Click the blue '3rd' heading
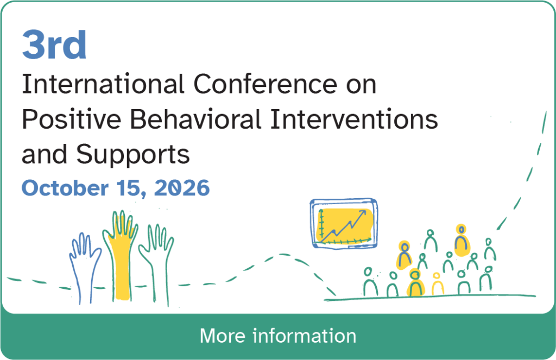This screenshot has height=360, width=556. tap(54, 45)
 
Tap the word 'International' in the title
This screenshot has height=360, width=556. tap(103, 84)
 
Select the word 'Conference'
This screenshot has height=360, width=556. tap(266, 84)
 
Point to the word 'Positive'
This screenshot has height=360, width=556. tap(72, 119)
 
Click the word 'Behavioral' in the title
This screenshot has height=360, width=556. tap(195, 119)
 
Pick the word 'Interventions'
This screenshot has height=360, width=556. tap(354, 119)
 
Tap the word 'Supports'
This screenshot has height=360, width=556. tap(134, 155)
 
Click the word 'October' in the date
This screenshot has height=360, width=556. tap(65, 188)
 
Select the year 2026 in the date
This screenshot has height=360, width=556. tap(182, 188)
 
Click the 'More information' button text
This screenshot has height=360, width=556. tap(278, 336)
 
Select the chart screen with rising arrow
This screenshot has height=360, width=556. tap(344, 224)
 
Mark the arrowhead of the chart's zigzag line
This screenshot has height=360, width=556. tap(363, 212)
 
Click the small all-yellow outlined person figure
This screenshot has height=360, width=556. tap(437, 284)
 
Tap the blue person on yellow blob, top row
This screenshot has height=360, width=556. tap(462, 241)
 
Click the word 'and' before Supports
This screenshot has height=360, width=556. tap(45, 154)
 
